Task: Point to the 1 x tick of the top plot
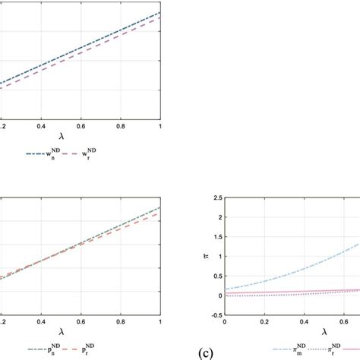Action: tap(159, 125)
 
